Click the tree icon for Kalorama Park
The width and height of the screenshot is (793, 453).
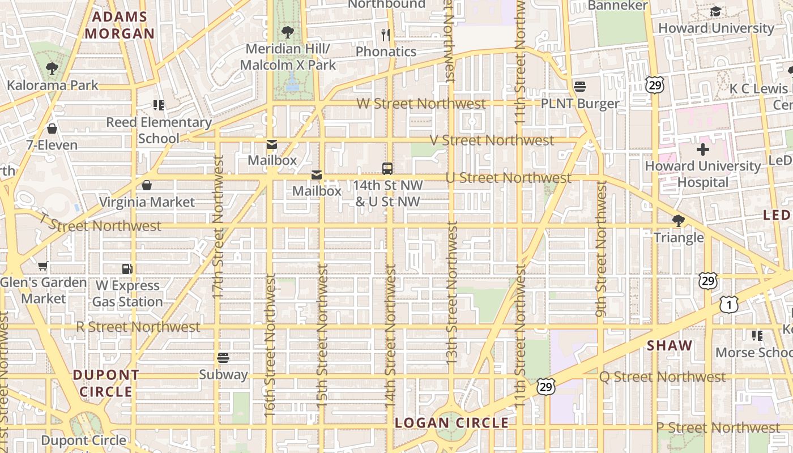52,69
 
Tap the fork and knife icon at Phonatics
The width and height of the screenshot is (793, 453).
386,35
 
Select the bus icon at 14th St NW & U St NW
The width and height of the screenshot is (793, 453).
387,168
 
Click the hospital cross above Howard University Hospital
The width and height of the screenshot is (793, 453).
702,149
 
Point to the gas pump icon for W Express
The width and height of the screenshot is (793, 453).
127,269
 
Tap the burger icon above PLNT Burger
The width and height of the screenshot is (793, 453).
579,87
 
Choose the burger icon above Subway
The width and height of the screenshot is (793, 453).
223,358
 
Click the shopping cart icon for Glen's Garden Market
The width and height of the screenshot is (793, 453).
42,266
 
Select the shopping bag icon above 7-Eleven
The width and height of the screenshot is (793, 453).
52,129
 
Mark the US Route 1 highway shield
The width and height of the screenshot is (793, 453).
729,305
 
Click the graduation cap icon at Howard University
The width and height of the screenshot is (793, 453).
715,12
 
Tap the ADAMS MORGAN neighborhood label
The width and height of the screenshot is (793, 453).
120,25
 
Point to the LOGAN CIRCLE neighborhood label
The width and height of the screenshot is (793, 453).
451,423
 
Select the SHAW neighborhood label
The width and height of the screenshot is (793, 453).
670,345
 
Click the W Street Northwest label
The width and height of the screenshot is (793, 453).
421,104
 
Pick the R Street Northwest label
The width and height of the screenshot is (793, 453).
138,327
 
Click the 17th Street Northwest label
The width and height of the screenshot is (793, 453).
218,226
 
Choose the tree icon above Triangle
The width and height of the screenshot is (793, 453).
678,221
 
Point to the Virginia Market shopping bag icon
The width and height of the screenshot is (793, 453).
147,185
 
